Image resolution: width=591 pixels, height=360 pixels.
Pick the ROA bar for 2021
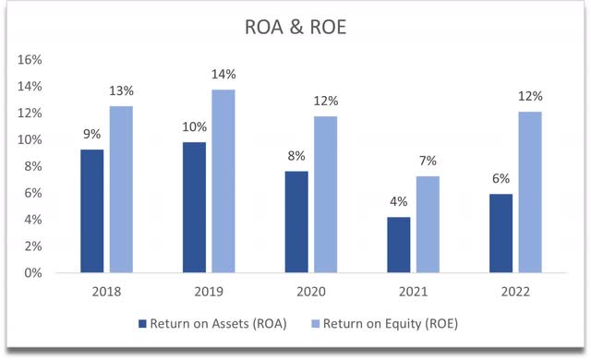click(398, 245)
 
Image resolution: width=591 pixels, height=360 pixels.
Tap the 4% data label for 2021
click(398, 202)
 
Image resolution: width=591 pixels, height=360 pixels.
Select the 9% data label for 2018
click(90, 133)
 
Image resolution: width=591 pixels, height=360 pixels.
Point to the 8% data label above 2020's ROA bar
click(295, 156)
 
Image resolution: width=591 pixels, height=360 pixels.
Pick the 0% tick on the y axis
click(32, 273)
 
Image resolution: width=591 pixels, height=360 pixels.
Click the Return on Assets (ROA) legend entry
click(211, 323)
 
